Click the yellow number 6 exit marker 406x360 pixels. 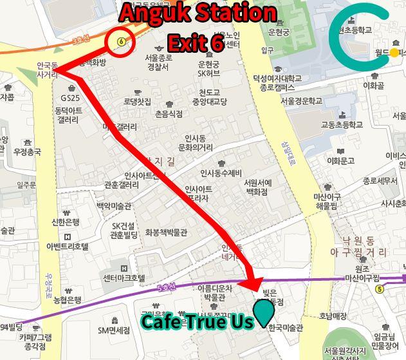coord(121,43)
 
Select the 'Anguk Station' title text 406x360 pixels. coord(198,13)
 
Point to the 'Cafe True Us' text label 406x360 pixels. coord(197,321)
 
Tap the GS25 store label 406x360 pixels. coord(70,98)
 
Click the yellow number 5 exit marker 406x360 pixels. coord(380,289)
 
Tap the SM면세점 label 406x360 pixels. coord(115,330)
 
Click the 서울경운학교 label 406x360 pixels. coord(300,100)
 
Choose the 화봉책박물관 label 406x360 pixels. coord(166,232)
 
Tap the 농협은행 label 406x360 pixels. coord(67,300)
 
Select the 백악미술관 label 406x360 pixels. coord(114,205)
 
